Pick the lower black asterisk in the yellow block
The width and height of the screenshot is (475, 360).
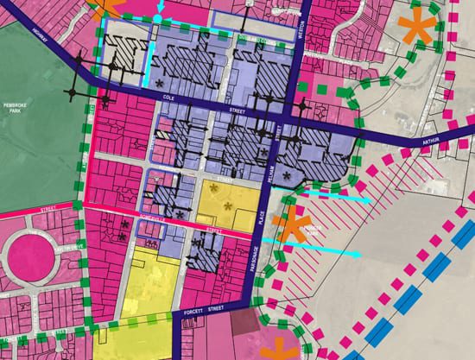(x=228, y=205)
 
